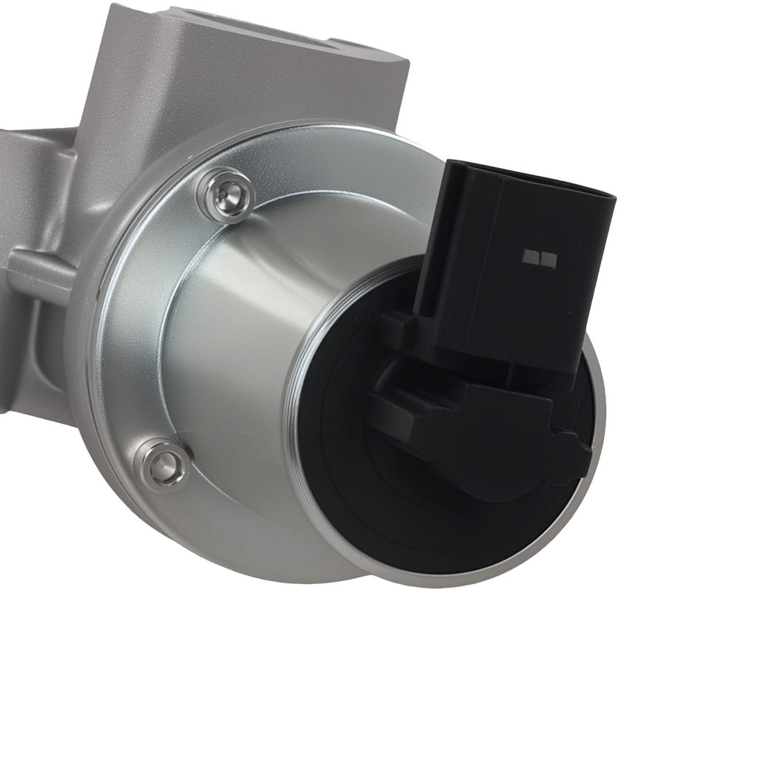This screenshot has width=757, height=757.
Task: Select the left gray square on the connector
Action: [x=531, y=257]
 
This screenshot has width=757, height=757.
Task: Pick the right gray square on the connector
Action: [x=549, y=257]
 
